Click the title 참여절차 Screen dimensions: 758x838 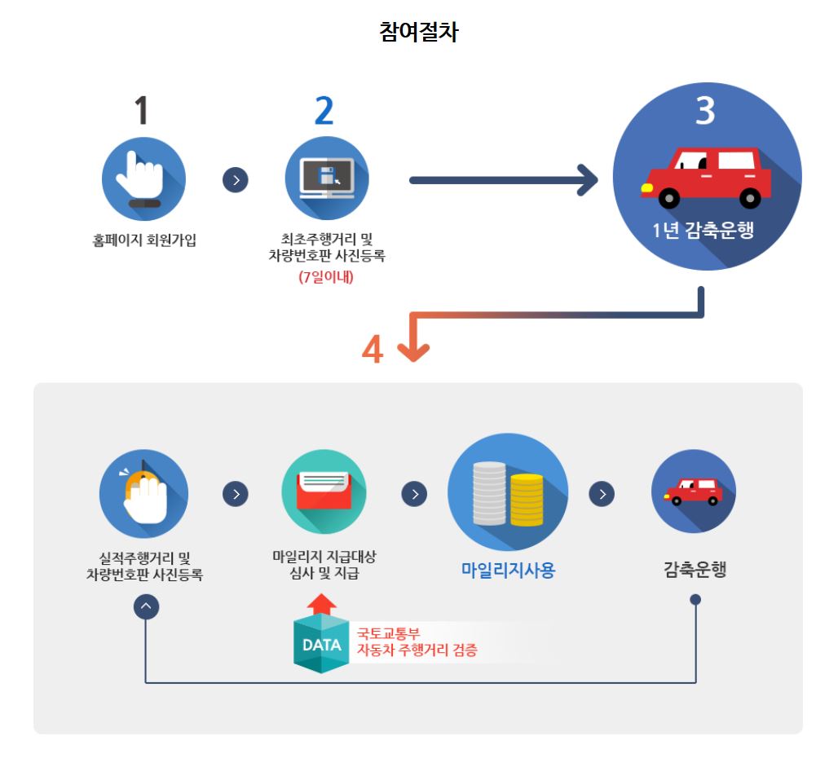pyautogui.click(x=418, y=31)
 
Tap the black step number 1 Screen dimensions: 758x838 pyautogui.click(x=142, y=110)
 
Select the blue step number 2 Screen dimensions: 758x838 pyautogui.click(x=324, y=110)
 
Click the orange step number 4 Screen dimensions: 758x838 pyautogui.click(x=373, y=350)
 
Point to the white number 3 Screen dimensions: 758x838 pyautogui.click(x=704, y=110)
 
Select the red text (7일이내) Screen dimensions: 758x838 pyautogui.click(x=326, y=276)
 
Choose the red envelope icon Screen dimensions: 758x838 pyautogui.click(x=324, y=493)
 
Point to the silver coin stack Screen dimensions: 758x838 pyautogui.click(x=489, y=493)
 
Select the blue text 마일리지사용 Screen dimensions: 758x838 pyautogui.click(x=508, y=570)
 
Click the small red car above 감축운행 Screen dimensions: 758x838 pyautogui.click(x=693, y=491)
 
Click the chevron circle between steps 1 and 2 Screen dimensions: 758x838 pyautogui.click(x=235, y=179)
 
